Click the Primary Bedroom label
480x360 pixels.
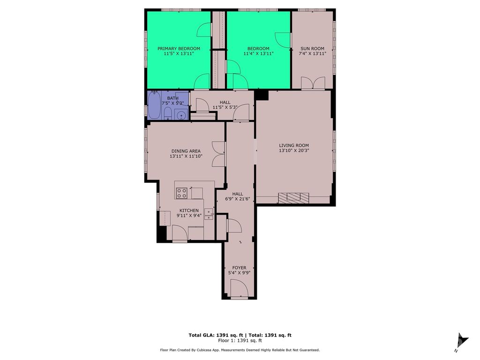[179, 49]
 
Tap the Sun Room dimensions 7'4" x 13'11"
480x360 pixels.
[312, 54]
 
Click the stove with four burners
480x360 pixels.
[182, 193]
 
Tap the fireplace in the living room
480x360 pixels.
[294, 198]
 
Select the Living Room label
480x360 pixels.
[294, 145]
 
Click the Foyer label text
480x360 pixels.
[239, 268]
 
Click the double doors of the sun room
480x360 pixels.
[313, 83]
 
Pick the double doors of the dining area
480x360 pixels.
[219, 154]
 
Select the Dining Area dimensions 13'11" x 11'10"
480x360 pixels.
[186, 157]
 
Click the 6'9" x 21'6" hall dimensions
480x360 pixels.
[238, 199]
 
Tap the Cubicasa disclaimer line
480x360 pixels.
[240, 350]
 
